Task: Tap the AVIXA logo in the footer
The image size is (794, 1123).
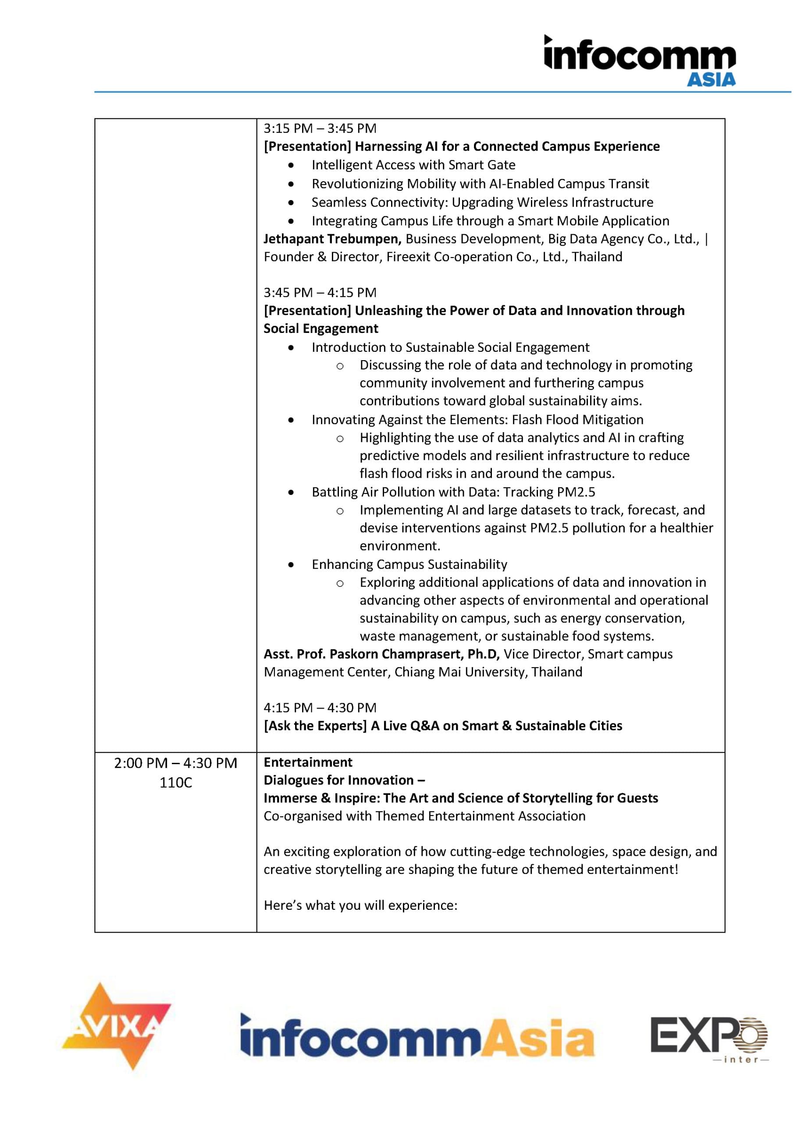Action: click(116, 1026)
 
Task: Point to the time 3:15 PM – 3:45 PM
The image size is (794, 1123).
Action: click(320, 129)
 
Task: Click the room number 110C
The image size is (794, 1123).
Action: click(175, 783)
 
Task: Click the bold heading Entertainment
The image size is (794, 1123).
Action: click(308, 762)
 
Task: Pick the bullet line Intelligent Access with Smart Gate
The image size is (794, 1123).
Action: click(413, 165)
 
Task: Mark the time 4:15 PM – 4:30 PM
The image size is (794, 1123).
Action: click(320, 708)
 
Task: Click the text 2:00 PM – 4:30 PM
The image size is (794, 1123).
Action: click(175, 763)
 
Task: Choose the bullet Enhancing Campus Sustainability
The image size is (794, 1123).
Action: click(409, 565)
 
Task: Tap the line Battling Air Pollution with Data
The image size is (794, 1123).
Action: click(453, 492)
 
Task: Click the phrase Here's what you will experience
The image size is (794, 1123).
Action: click(360, 905)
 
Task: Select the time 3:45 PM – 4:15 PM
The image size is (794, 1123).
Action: click(320, 293)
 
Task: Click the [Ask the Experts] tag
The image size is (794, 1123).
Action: click(315, 726)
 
